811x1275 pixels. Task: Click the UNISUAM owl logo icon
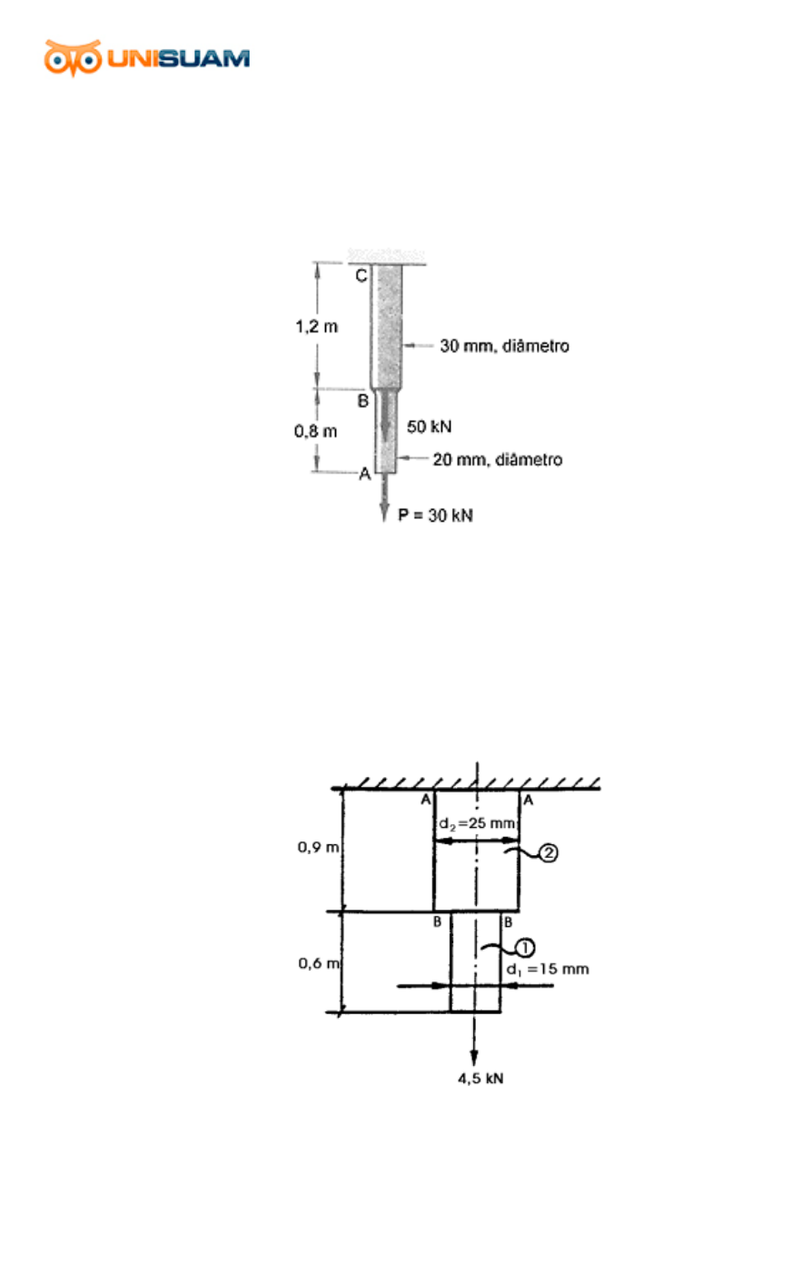click(x=73, y=57)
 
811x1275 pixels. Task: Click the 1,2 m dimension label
click(x=316, y=327)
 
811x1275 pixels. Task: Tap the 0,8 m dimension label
click(x=316, y=432)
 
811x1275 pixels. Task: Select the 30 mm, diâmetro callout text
click(x=504, y=345)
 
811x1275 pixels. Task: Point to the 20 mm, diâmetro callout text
click(x=498, y=459)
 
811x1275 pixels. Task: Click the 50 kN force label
click(x=430, y=427)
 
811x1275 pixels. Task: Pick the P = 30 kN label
click(x=436, y=515)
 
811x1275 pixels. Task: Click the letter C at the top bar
click(x=361, y=276)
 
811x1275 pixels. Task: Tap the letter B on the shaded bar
click(x=363, y=401)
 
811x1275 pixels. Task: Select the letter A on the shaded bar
click(x=365, y=473)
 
